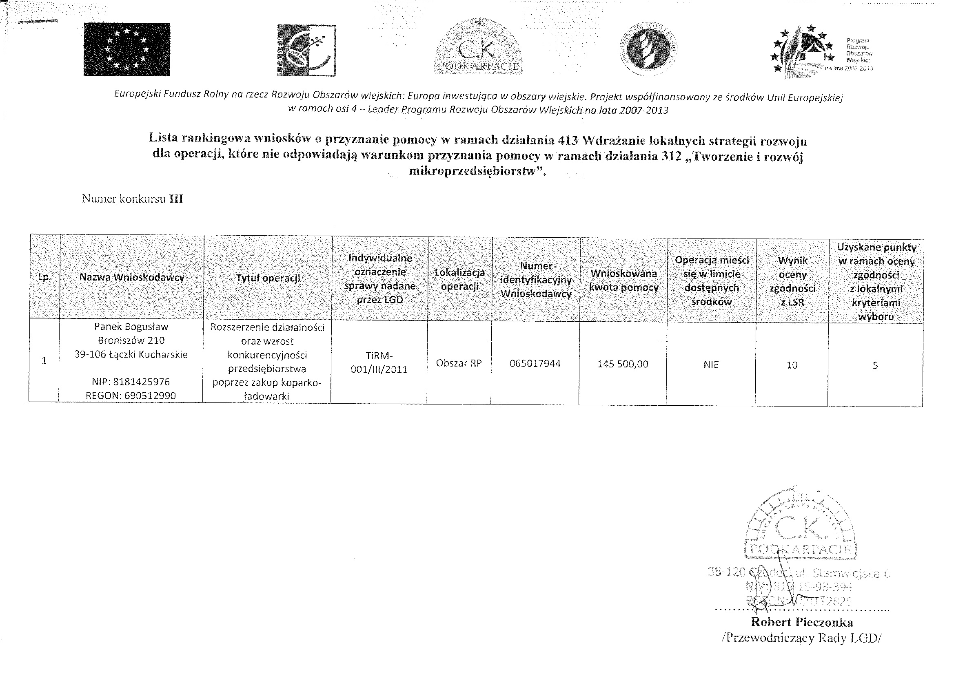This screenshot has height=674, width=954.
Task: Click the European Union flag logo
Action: pyautogui.click(x=127, y=49)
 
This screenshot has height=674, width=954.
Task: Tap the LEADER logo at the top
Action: pyautogui.click(x=307, y=50)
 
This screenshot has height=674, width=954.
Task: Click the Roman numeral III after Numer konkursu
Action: pyautogui.click(x=176, y=199)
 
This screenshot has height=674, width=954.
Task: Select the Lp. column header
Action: pyautogui.click(x=44, y=277)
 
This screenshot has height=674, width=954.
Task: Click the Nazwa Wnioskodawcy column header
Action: pyautogui.click(x=132, y=277)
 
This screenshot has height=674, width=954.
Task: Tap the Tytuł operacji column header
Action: pyautogui.click(x=268, y=278)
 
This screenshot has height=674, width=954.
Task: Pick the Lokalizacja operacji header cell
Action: pyautogui.click(x=459, y=279)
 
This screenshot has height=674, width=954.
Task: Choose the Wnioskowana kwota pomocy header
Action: pyautogui.click(x=623, y=280)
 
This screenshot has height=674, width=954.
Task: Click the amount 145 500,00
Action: pyautogui.click(x=623, y=364)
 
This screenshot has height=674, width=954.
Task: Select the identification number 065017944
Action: pyautogui.click(x=535, y=364)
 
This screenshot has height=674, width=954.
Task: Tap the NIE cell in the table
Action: pyautogui.click(x=711, y=365)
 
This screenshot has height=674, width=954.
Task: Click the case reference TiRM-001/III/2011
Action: pyautogui.click(x=379, y=362)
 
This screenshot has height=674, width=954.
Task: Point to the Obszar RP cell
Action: pyautogui.click(x=459, y=363)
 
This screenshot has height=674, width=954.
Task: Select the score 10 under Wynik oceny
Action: pyautogui.click(x=792, y=365)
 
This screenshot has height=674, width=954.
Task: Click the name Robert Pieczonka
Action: pyautogui.click(x=802, y=622)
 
